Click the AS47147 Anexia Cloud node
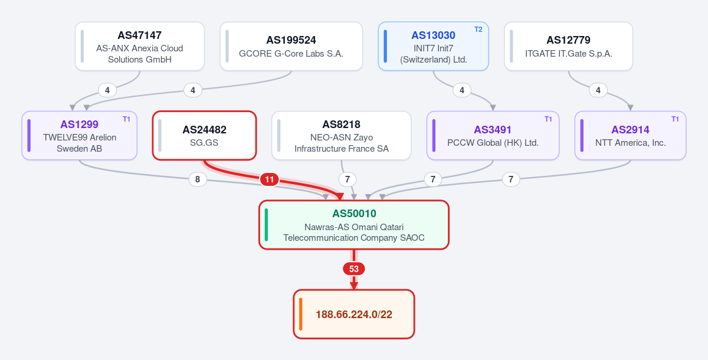click(140, 47)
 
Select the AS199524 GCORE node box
click(291, 47)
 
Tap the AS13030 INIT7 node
click(433, 47)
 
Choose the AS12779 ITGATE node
click(568, 47)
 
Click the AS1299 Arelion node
click(79, 136)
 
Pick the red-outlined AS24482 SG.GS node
click(204, 136)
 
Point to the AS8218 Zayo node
click(342, 136)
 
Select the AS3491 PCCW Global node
click(493, 136)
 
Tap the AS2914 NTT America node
click(630, 136)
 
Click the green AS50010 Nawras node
click(353, 225)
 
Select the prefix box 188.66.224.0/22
click(353, 314)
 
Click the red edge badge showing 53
click(353, 269)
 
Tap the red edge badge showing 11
click(269, 179)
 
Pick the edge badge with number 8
click(198, 179)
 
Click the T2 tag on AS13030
click(478, 30)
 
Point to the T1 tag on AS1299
click(126, 119)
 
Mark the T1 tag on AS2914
click(675, 119)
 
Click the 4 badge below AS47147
click(107, 90)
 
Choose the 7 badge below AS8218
click(348, 179)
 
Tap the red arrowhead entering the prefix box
click(353, 286)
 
